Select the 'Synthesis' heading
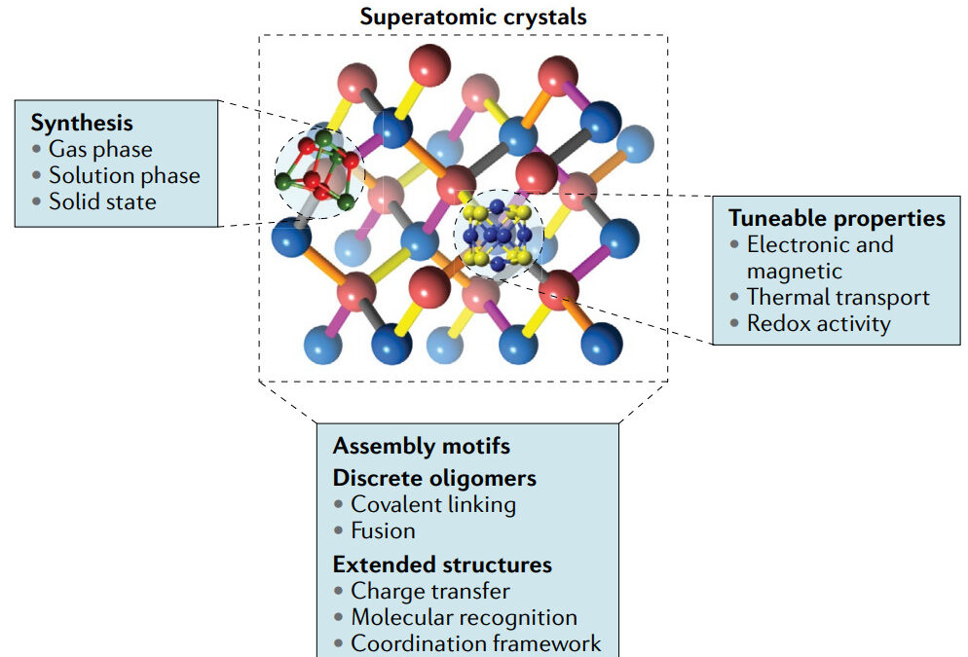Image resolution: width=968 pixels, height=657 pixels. [x=82, y=123]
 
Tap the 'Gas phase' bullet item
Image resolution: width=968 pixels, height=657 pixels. [x=100, y=149]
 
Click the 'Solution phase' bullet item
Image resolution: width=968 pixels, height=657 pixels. [x=124, y=175]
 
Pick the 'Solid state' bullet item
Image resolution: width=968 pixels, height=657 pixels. [x=102, y=201]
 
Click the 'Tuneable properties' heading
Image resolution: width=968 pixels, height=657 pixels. [x=837, y=218]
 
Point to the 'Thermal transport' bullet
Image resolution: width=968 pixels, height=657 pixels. [x=838, y=297]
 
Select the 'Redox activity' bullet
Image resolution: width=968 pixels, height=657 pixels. [x=818, y=323]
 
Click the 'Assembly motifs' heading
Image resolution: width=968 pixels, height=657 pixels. [x=421, y=446]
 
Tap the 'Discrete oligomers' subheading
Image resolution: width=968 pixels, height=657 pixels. [x=434, y=478]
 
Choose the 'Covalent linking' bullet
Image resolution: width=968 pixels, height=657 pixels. [x=433, y=504]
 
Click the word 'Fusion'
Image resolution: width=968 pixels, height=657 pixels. [x=383, y=530]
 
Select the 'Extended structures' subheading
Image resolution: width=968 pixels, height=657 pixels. [x=442, y=565]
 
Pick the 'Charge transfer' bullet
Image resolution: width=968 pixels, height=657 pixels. [x=429, y=591]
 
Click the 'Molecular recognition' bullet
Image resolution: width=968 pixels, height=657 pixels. [x=464, y=617]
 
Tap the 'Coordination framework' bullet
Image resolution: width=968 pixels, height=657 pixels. [x=475, y=643]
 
